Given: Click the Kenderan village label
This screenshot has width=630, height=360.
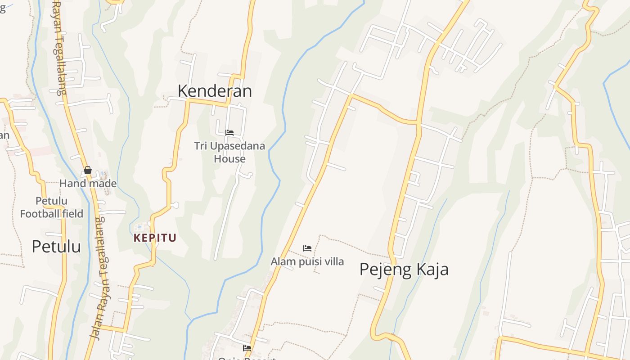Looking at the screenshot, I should coord(215,91).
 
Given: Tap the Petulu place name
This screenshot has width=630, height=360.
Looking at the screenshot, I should coord(56,247).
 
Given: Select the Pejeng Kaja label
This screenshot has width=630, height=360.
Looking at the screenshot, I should coord(404,270).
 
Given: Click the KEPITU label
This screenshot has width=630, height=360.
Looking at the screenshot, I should coord(155,238).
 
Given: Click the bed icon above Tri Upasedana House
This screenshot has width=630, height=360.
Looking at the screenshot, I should coord(229,133).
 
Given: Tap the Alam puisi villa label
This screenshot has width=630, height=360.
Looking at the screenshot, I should coord(307,261).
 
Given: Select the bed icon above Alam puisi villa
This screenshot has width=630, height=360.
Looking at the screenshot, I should coord(307,248).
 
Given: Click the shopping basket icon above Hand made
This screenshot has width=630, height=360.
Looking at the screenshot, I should coord(88,170).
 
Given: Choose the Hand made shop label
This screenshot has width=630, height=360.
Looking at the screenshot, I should coord(88,184).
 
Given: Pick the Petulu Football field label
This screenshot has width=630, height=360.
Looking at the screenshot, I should coord(51,207).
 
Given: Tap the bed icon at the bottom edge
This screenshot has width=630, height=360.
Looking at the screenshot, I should coord(247,348).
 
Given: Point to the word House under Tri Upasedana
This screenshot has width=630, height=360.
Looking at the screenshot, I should coord(229,159).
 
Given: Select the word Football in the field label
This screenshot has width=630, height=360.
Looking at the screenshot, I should coord(40,214).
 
